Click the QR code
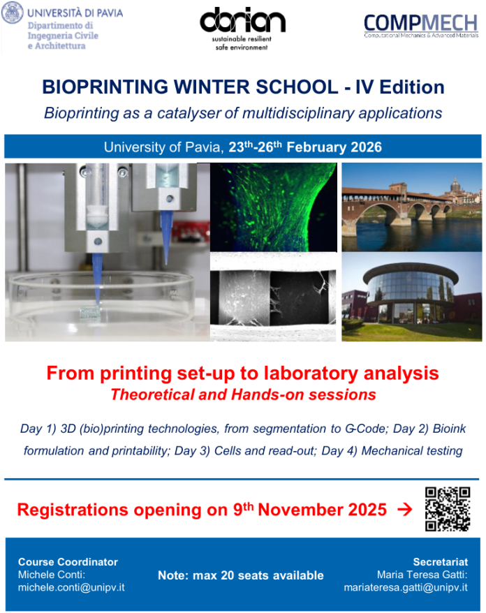tap(448, 509)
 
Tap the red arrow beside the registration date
tap(405, 510)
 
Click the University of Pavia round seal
tap(12, 13)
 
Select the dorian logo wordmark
tap(242, 20)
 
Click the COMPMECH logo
tap(420, 26)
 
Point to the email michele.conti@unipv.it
tap(71, 587)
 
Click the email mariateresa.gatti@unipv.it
tap(406, 587)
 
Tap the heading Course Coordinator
tap(68, 562)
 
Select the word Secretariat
tap(440, 562)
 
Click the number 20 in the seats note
tap(227, 575)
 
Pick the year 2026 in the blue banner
tap(366, 147)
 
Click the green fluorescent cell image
tap(274, 207)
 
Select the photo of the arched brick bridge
tap(412, 207)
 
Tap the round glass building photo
tap(412, 297)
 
